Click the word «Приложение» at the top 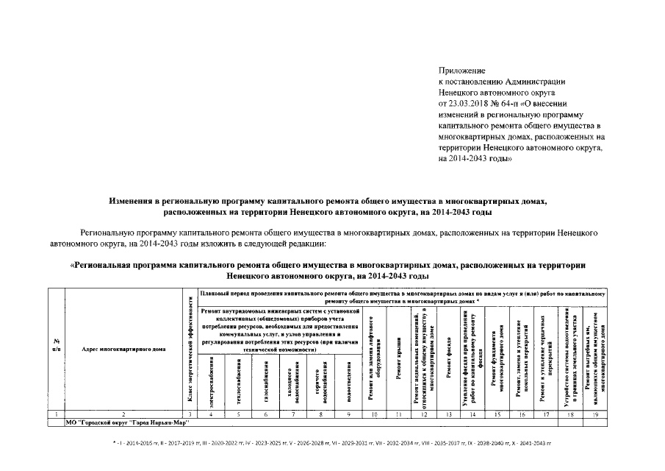(457, 69)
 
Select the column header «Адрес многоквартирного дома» (123, 349)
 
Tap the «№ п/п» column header (57, 344)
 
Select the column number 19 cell (594, 416)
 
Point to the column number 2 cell (123, 416)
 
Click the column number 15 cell (497, 416)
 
